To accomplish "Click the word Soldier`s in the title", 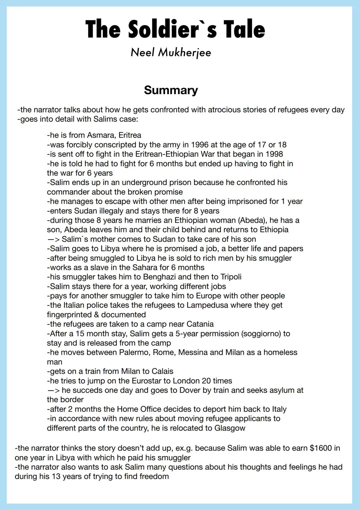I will pos(172,29).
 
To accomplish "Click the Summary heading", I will pos(171,90).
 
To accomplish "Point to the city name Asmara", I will pos(101,135).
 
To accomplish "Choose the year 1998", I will pos(274,154).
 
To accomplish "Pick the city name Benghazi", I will pos(161,277).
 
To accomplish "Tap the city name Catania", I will pos(200,324).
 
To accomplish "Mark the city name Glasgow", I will pos(230,428).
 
